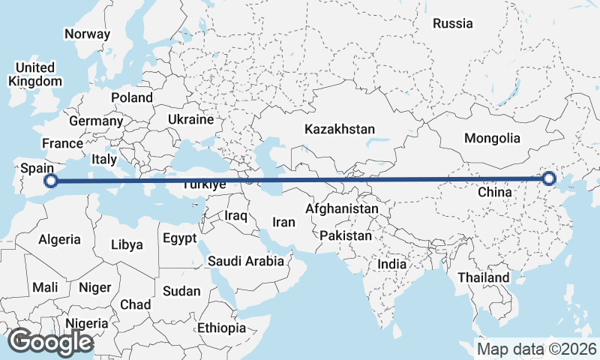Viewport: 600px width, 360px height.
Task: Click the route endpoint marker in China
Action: (549, 178)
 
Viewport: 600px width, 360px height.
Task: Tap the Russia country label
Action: (453, 23)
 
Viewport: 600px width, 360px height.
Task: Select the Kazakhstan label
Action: (339, 129)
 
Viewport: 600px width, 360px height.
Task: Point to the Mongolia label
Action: (492, 138)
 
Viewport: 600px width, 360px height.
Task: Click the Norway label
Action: (87, 34)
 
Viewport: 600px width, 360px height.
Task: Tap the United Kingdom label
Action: (35, 74)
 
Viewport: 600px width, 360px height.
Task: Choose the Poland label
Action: (131, 97)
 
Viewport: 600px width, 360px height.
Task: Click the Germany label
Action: (95, 121)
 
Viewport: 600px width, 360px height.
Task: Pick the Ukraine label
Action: (190, 119)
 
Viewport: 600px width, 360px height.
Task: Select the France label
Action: (62, 143)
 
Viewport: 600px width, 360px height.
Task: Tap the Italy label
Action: (103, 159)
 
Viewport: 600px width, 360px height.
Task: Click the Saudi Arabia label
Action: (246, 261)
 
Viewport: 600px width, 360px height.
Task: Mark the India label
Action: (391, 264)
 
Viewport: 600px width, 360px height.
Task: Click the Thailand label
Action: (483, 277)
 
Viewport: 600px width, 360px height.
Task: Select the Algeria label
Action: (59, 239)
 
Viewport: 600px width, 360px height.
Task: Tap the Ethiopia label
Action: (221, 328)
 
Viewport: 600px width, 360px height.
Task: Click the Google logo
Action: (51, 342)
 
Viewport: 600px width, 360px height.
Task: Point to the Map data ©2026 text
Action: (537, 349)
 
